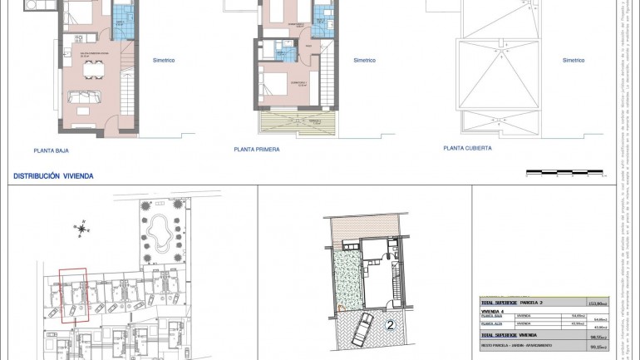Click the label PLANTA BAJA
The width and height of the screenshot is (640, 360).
[51, 151]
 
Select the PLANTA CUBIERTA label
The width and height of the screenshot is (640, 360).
[467, 148]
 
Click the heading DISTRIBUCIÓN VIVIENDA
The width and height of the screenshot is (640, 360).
[53, 176]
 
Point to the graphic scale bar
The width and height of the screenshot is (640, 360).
[564, 172]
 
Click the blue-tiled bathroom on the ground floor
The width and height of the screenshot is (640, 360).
[122, 17]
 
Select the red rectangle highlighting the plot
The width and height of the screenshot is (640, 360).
[72, 295]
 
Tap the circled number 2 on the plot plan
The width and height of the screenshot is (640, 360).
[389, 325]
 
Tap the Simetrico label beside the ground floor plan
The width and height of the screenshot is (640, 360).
[165, 60]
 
